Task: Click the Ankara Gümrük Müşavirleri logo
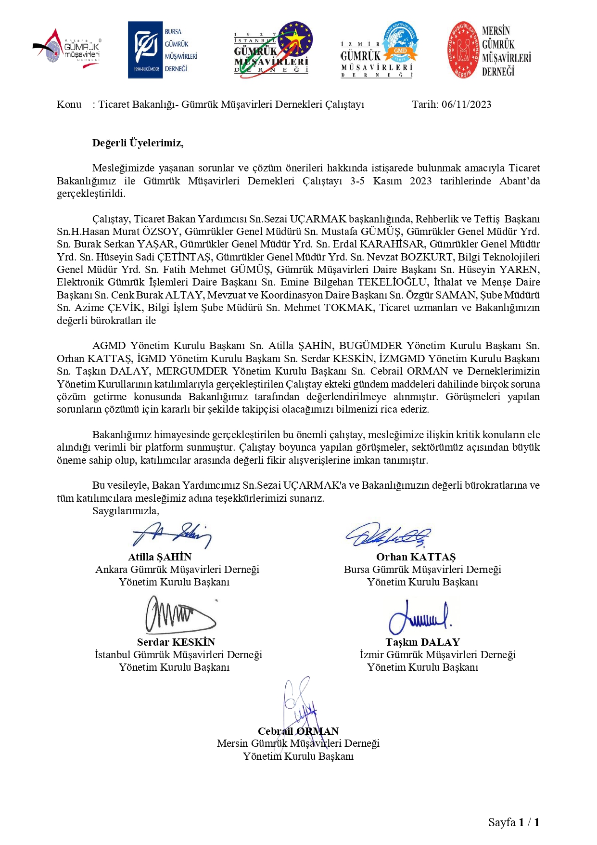pos(67,48)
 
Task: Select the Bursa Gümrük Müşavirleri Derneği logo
pos(163,50)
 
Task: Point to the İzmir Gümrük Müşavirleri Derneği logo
pos(379,50)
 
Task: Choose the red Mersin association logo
pos(489,50)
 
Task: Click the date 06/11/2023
pos(466,104)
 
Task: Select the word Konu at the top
pos(69,104)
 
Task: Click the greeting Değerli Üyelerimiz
pos(138,143)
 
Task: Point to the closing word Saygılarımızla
pos(126,511)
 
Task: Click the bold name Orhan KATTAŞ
pos(416,557)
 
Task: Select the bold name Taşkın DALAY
pos(422,642)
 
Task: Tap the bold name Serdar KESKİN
pos(176,642)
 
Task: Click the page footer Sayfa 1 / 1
pos(513,822)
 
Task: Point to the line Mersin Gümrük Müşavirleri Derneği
pos(298,743)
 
